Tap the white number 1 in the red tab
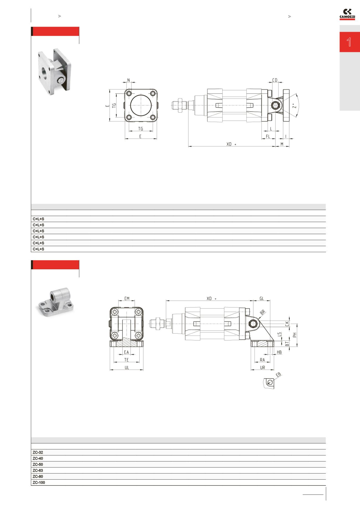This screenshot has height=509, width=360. [349, 42]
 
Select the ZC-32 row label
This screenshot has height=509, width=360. [38, 452]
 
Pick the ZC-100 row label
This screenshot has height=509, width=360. [39, 482]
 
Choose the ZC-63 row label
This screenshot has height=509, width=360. [38, 470]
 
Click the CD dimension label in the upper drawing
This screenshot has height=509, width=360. [275, 80]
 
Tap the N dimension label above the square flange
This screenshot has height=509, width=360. [128, 80]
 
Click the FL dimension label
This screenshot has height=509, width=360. [268, 136]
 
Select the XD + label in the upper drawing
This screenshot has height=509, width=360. [231, 144]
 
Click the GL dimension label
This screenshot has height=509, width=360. [261, 298]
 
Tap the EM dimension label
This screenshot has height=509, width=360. [127, 298]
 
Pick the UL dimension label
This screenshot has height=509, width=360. [127, 368]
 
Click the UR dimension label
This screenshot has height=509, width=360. [262, 368]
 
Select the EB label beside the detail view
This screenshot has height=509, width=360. [278, 375]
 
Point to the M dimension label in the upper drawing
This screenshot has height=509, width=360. [282, 144]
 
